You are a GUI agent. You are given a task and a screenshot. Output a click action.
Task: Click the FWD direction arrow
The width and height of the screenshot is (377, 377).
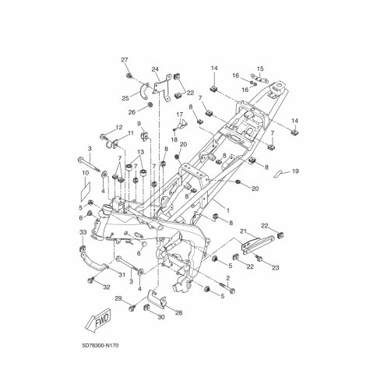click(98, 321)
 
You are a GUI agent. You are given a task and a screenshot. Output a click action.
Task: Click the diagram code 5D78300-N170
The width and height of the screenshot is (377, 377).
click(100, 346)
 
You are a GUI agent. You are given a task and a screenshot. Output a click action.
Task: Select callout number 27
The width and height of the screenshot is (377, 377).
click(125, 60)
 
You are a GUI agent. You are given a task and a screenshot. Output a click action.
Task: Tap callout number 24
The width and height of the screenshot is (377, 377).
click(155, 69)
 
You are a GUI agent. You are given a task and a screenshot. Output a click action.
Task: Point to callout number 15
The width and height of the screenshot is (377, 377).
click(260, 69)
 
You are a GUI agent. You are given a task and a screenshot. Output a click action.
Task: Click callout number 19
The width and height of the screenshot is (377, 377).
click(295, 171)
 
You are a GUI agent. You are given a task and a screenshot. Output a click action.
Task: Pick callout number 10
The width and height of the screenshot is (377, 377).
click(86, 173)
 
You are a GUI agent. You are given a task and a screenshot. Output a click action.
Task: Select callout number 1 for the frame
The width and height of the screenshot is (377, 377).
click(228, 210)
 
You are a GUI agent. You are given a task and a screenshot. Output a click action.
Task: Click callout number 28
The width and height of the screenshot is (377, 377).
click(178, 312)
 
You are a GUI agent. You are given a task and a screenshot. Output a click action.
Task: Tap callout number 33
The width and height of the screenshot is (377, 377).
click(83, 233)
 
